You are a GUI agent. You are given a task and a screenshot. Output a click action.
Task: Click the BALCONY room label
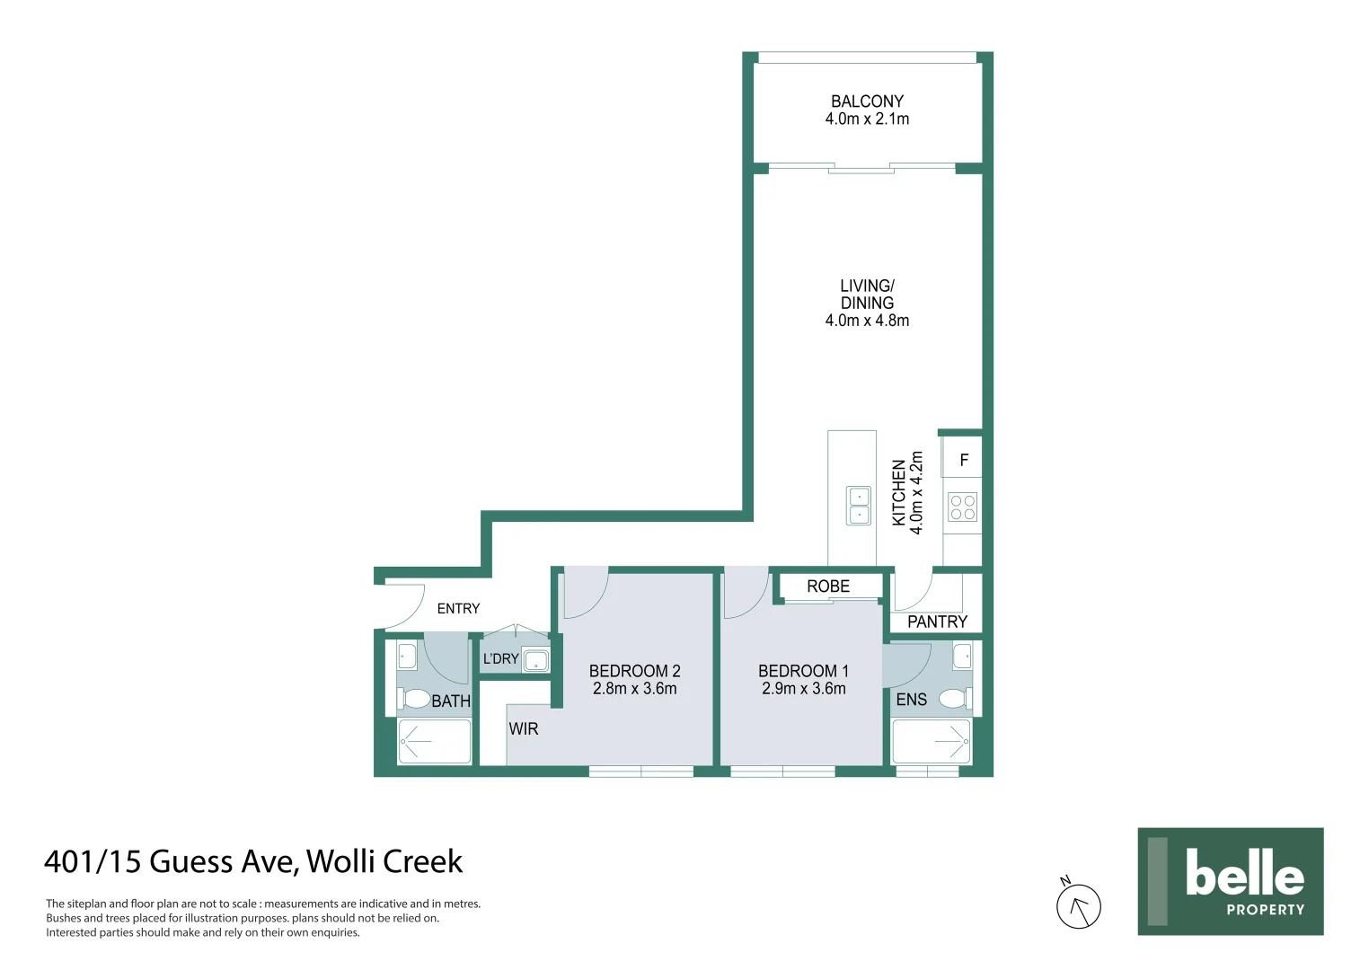click(x=867, y=101)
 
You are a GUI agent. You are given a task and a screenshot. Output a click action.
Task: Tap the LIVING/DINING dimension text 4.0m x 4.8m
click(x=867, y=321)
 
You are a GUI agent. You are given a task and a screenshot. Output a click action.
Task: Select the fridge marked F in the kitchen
click(x=963, y=460)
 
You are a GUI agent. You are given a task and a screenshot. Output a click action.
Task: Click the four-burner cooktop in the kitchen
click(x=962, y=507)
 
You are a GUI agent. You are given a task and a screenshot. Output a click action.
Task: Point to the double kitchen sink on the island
click(x=859, y=506)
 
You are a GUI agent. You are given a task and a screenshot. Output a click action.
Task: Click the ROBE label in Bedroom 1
click(x=827, y=586)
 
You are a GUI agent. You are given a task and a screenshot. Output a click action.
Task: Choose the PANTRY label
click(x=937, y=622)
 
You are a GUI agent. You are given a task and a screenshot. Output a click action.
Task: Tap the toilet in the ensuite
click(x=954, y=698)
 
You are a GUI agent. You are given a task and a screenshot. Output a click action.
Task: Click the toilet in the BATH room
click(x=415, y=698)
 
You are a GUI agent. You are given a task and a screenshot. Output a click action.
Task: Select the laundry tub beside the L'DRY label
click(x=535, y=661)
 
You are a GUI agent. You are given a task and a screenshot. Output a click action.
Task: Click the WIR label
click(x=524, y=728)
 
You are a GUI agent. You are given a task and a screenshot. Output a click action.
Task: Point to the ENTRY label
click(x=458, y=609)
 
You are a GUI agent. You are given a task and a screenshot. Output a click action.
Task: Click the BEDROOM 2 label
click(x=634, y=671)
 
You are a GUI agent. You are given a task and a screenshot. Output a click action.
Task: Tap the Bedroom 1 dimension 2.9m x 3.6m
click(x=803, y=689)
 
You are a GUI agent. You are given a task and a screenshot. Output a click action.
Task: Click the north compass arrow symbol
click(x=1078, y=906)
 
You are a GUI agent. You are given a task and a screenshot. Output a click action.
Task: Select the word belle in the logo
click(x=1244, y=873)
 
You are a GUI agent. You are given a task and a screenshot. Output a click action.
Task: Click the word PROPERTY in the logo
click(x=1265, y=910)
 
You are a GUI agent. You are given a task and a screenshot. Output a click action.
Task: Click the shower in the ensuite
click(x=932, y=741)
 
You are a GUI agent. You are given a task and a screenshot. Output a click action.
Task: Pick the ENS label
click(x=911, y=700)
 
